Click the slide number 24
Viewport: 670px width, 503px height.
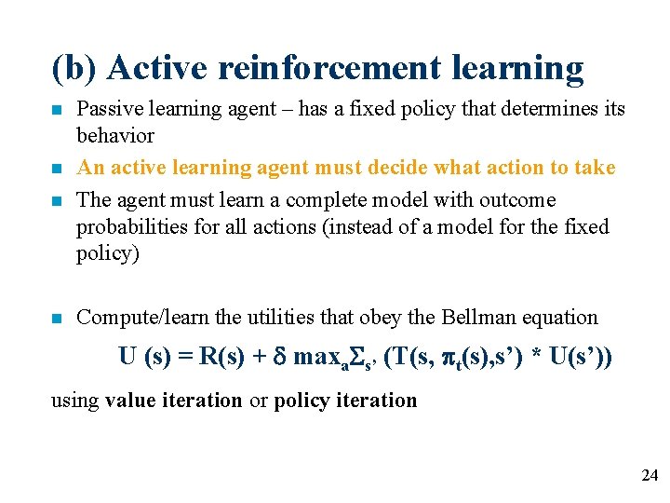[x=649, y=476]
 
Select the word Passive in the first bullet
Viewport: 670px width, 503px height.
[x=107, y=109]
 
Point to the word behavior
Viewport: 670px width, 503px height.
[x=115, y=136]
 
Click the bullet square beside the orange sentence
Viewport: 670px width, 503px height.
[x=58, y=170]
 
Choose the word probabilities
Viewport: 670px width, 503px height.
[x=128, y=226]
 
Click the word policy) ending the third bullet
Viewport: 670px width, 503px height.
[x=108, y=253]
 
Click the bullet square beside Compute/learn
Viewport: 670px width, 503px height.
[x=58, y=319]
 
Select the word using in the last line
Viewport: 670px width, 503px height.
[x=74, y=401]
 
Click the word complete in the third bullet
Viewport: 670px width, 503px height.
[x=325, y=199]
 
